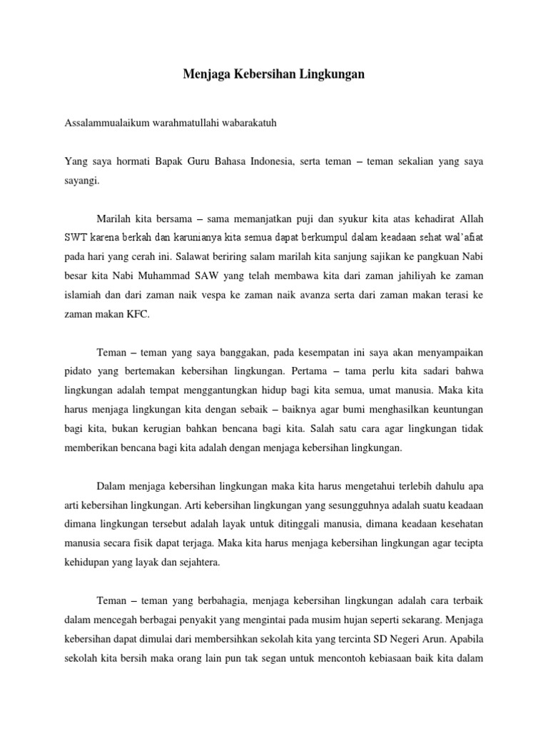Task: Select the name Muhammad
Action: tap(178, 273)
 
